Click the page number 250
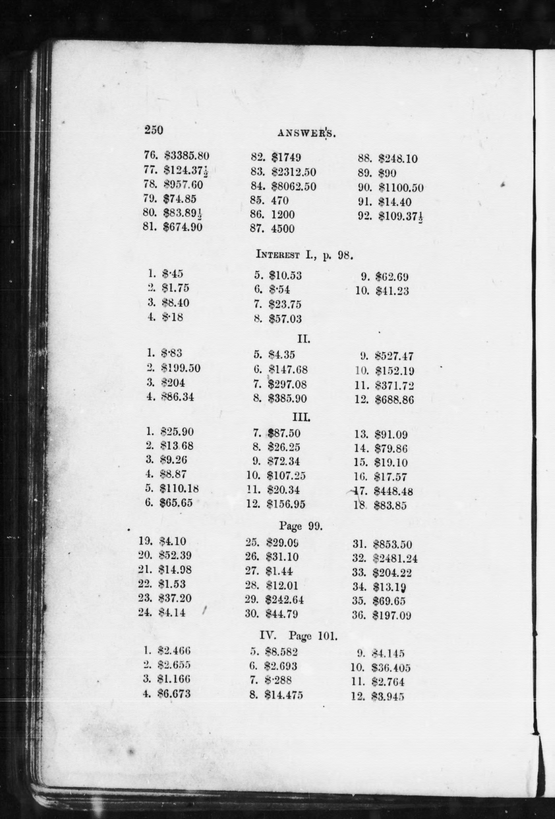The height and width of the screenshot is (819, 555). click(x=154, y=130)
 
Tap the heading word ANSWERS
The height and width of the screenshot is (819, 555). click(x=306, y=133)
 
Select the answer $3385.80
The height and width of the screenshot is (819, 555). click(x=187, y=155)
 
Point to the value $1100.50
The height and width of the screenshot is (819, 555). click(x=401, y=188)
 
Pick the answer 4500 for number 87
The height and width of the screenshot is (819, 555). click(x=282, y=229)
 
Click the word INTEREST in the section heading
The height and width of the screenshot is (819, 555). click(x=278, y=255)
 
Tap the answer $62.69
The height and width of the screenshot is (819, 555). click(x=392, y=277)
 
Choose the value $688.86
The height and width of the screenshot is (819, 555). click(x=394, y=400)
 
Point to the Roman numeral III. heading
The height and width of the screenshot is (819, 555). click(x=302, y=418)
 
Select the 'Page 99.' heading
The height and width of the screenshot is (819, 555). click(x=301, y=526)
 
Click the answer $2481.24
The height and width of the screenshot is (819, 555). click(x=395, y=558)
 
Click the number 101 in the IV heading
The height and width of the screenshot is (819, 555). click(x=327, y=636)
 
